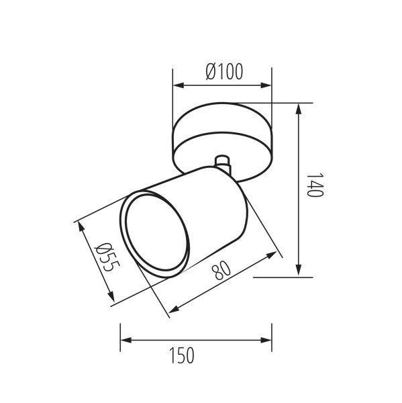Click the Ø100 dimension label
[x=224, y=71]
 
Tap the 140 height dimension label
[x=315, y=185]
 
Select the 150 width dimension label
[x=182, y=355]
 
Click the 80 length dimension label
[x=221, y=271]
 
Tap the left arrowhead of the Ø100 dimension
[x=179, y=85]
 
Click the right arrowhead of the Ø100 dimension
[x=266, y=85]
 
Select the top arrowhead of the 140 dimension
[x=298, y=109]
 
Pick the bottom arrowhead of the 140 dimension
[x=298, y=270]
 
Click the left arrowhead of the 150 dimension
[x=126, y=341]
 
